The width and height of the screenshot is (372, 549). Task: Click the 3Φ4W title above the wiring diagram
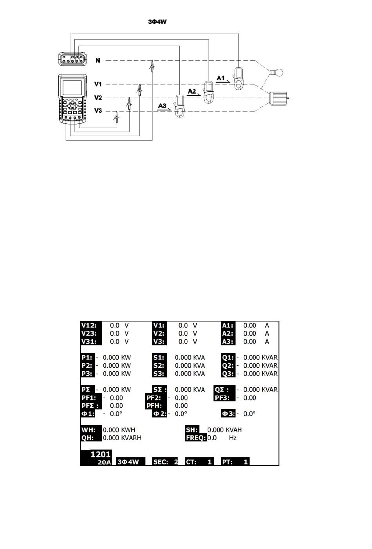pyautogui.click(x=157, y=22)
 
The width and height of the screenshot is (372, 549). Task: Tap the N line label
pyautogui.click(x=98, y=60)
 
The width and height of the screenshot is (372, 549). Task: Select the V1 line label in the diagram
pyautogui.click(x=98, y=84)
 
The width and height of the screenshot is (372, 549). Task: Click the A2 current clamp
pyautogui.click(x=209, y=92)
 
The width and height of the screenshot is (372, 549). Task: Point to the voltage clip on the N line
pyautogui.click(x=151, y=65)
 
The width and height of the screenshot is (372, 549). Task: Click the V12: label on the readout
pyautogui.click(x=91, y=325)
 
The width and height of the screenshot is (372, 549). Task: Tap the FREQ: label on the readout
pyautogui.click(x=196, y=438)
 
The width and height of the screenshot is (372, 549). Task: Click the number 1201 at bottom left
pyautogui.click(x=101, y=454)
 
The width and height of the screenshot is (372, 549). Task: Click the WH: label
pyautogui.click(x=90, y=430)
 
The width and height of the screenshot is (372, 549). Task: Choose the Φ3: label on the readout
pyautogui.click(x=228, y=414)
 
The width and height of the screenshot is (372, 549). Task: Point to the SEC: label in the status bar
pyautogui.click(x=161, y=462)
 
